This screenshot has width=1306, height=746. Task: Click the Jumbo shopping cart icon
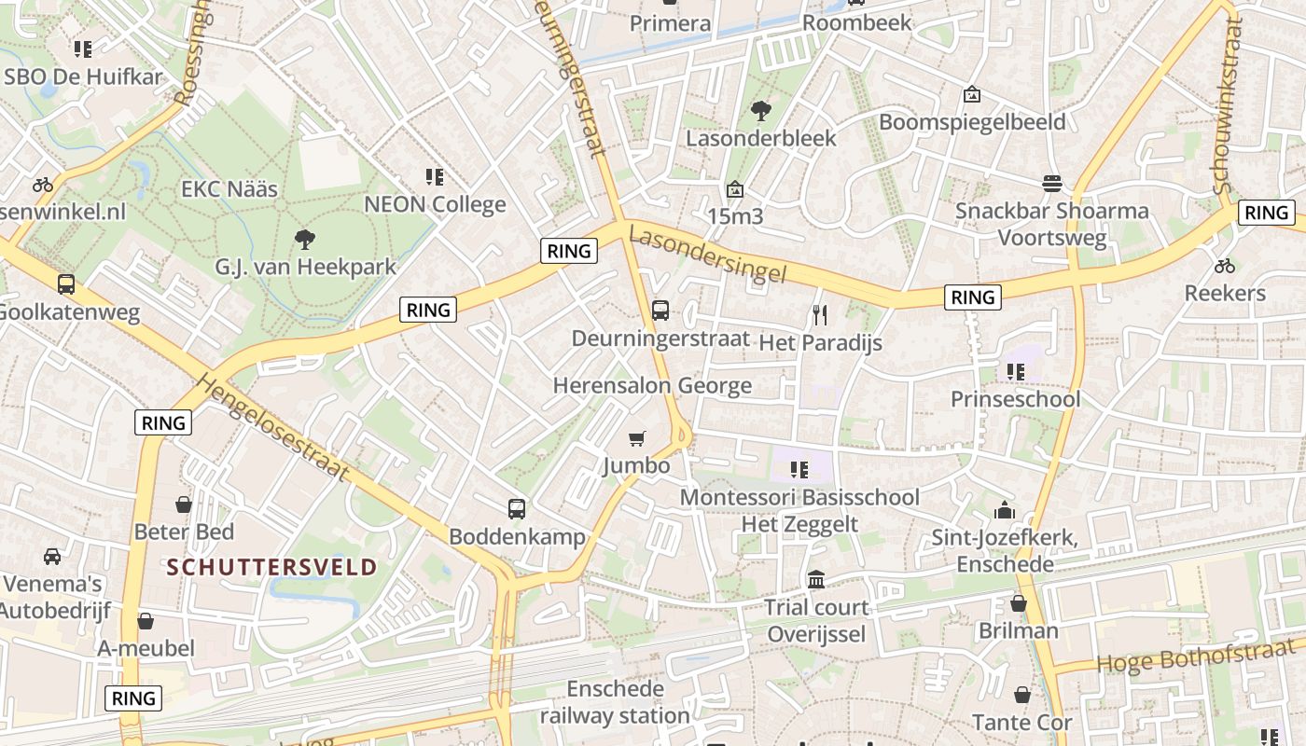pos(637,438)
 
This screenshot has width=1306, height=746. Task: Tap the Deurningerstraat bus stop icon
pos(660,311)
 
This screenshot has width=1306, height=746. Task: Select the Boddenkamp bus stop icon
pos(517,509)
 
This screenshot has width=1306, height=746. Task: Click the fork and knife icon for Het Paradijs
pos(820,315)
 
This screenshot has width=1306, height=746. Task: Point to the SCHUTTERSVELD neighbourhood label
pos(272,567)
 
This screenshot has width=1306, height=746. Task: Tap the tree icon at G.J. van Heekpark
pos(304,240)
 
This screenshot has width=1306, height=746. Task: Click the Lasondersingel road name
pos(707,255)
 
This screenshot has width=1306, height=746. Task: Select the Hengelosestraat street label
pos(273,428)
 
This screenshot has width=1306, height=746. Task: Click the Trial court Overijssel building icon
pos(816,580)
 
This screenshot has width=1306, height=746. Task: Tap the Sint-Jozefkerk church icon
pos(1005,511)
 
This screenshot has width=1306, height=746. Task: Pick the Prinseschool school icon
pos(1016,372)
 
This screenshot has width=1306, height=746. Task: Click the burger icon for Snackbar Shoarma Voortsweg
pos(1052,183)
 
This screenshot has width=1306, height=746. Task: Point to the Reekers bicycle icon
pos(1225,266)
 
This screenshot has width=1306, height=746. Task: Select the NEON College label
pos(435,204)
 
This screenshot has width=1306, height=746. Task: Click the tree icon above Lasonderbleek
pos(761,111)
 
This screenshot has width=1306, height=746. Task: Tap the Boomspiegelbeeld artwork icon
pos(971,94)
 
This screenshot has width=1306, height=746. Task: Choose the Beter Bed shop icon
pos(184,504)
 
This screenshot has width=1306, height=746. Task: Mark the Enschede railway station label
pos(615,702)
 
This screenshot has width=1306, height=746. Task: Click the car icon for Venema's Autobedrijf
pos(52,557)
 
